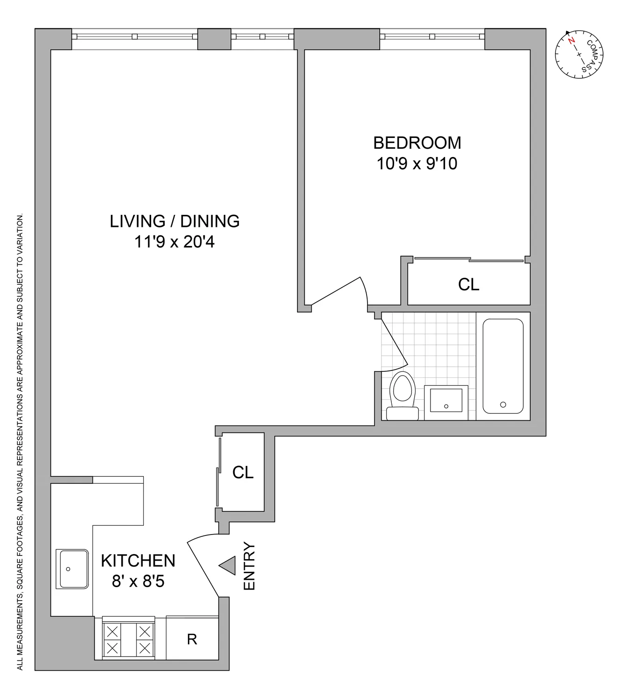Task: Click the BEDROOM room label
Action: pyautogui.click(x=417, y=143)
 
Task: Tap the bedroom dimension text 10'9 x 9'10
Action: pyautogui.click(x=417, y=164)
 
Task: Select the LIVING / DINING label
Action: pyautogui.click(x=174, y=221)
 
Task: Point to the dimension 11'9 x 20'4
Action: pyautogui.click(x=174, y=242)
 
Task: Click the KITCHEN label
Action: pyautogui.click(x=138, y=561)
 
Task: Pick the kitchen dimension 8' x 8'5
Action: pyautogui.click(x=138, y=582)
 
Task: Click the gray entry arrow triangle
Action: pyautogui.click(x=228, y=566)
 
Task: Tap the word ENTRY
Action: pyautogui.click(x=250, y=566)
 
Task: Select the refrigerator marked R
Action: pyautogui.click(x=192, y=639)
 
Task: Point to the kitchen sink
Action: pyautogui.click(x=72, y=569)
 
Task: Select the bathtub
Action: pyautogui.click(x=503, y=366)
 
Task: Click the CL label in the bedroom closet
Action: pyautogui.click(x=469, y=285)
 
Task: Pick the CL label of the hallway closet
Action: pyautogui.click(x=243, y=473)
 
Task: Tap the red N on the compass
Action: pyautogui.click(x=571, y=41)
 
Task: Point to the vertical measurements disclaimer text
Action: pyautogui.click(x=20, y=443)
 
